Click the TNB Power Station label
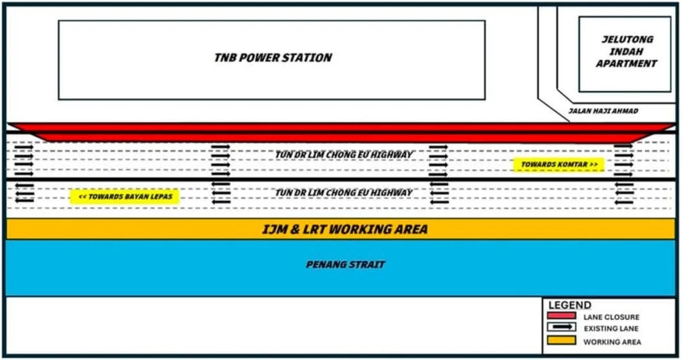273,57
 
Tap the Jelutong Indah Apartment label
627,52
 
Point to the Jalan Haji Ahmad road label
603,111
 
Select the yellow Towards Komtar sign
559,165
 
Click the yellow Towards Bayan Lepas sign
125,197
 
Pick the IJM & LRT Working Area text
345,229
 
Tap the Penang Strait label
345,265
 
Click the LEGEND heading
570,305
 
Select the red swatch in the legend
561,315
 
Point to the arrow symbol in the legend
561,326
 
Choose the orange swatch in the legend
561,340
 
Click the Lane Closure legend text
612,317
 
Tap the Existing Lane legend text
611,328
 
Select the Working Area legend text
612,342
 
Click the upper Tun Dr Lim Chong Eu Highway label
344,154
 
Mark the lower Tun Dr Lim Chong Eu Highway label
344,192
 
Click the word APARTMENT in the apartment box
627,63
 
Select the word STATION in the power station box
308,57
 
